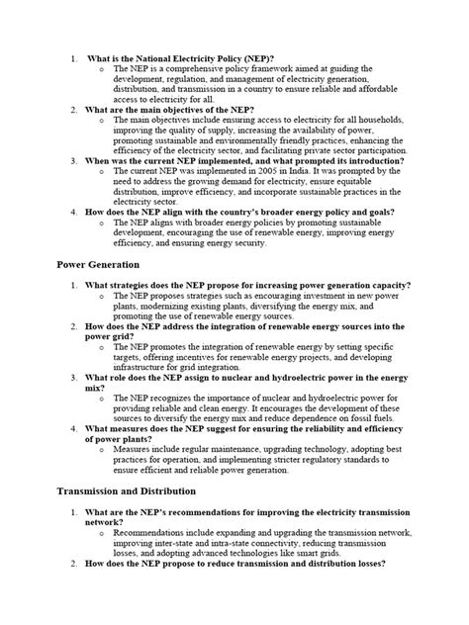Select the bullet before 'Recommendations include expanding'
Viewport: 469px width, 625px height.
pyautogui.click(x=102, y=531)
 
